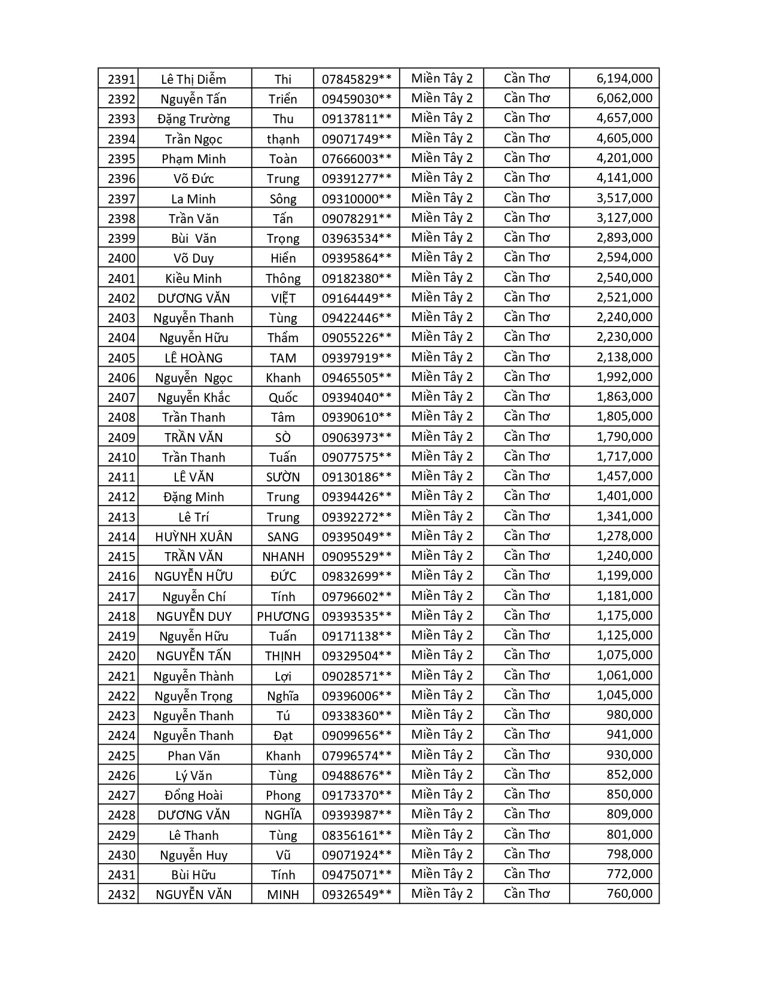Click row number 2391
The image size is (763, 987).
pyautogui.click(x=121, y=79)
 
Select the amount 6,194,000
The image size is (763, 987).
pyautogui.click(x=624, y=78)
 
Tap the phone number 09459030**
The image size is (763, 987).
pyautogui.click(x=357, y=99)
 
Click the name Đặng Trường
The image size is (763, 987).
pyautogui.click(x=193, y=118)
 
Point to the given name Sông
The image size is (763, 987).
pyautogui.click(x=282, y=199)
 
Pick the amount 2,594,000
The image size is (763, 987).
pyautogui.click(x=624, y=257)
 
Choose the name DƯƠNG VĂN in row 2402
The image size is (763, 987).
pyautogui.click(x=193, y=298)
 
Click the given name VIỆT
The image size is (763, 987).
pyautogui.click(x=282, y=298)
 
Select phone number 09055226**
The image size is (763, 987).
pyautogui.click(x=357, y=337)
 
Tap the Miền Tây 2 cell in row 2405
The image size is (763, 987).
pyautogui.click(x=442, y=357)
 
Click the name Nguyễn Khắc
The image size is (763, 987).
pyautogui.click(x=193, y=397)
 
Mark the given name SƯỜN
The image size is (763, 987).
pyautogui.click(x=282, y=477)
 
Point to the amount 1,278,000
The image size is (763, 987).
pyautogui.click(x=624, y=536)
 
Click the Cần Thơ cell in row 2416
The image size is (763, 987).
pyautogui.click(x=527, y=575)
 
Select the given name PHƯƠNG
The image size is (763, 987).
pyautogui.click(x=282, y=616)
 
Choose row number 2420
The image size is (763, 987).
pyautogui.click(x=121, y=656)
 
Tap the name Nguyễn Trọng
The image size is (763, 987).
pyautogui.click(x=193, y=696)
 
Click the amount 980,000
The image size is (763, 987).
pyautogui.click(x=629, y=715)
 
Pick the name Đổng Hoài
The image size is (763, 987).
pyautogui.click(x=193, y=795)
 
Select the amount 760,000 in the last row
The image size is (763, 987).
pyautogui.click(x=629, y=894)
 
